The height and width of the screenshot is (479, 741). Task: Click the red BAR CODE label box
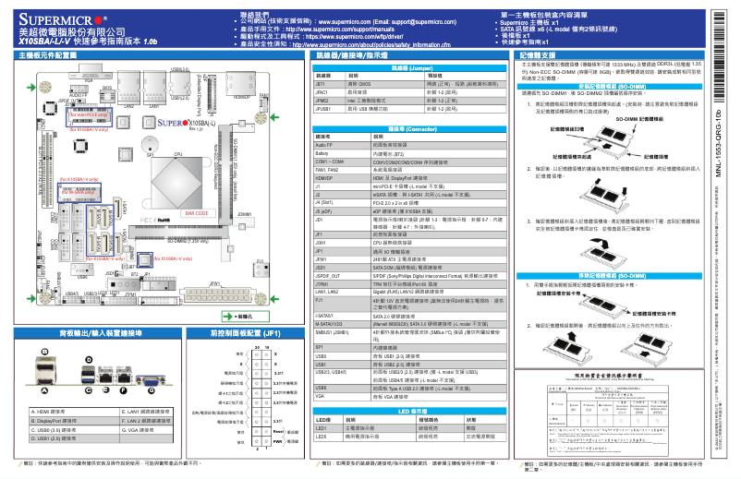point(196,212)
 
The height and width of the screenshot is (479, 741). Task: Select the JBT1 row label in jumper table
point(321,84)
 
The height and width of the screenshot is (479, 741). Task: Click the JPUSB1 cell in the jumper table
point(323,108)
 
